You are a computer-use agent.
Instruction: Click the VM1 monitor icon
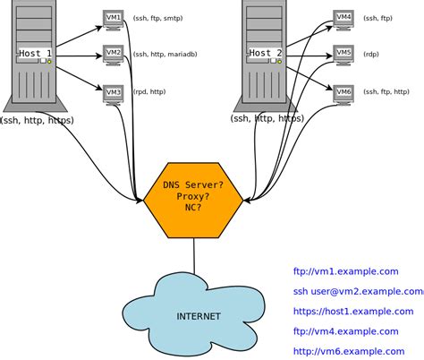[x=113, y=17]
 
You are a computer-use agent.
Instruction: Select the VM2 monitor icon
[x=113, y=55]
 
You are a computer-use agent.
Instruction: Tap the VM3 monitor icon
[x=113, y=92]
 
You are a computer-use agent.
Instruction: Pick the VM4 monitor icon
[x=343, y=17]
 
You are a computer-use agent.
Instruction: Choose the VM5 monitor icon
[x=343, y=54]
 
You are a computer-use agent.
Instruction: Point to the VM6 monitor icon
[x=343, y=91]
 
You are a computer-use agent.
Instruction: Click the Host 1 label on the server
[x=37, y=54]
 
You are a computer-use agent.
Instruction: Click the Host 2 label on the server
[x=266, y=54]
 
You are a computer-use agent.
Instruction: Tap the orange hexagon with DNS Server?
[x=194, y=196]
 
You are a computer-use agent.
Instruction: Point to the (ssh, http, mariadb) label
[x=165, y=55]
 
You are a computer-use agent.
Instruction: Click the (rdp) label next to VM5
[x=370, y=55]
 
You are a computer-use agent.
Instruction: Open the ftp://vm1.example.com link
[x=344, y=270]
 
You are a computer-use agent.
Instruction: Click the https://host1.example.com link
[x=352, y=311]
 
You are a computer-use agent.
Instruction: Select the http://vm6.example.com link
[x=346, y=351]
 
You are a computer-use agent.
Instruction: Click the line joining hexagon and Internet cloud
[x=194, y=255]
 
